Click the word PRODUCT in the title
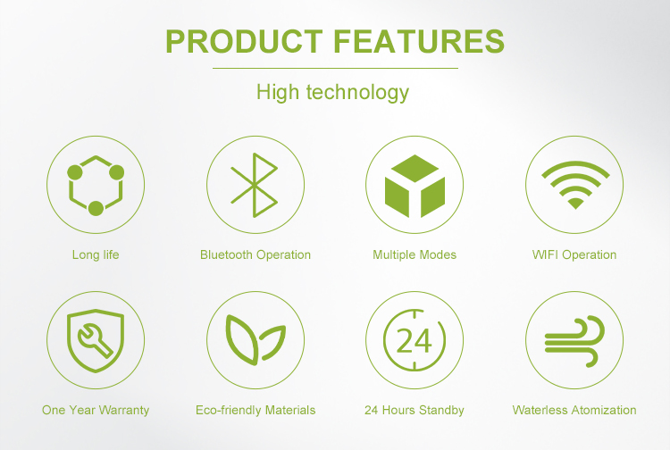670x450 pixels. pyautogui.click(x=244, y=41)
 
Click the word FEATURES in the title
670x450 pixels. pyautogui.click(x=419, y=41)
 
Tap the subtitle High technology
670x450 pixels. pyautogui.click(x=332, y=93)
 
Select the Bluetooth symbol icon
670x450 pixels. pyautogui.click(x=255, y=185)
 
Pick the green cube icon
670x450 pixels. pyautogui.click(x=415, y=186)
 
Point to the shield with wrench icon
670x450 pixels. pyautogui.click(x=96, y=340)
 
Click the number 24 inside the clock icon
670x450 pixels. pyautogui.click(x=414, y=341)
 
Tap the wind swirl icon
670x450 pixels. pyautogui.click(x=574, y=341)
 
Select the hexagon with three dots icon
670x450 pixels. pyautogui.click(x=96, y=186)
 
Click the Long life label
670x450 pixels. pyautogui.click(x=96, y=254)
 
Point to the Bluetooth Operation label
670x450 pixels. pyautogui.click(x=255, y=254)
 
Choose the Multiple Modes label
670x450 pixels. pyautogui.click(x=415, y=254)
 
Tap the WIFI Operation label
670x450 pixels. pyautogui.click(x=574, y=254)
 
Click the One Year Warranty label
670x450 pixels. pyautogui.click(x=96, y=411)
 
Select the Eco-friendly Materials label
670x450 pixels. pyautogui.click(x=255, y=411)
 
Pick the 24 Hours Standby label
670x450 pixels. pyautogui.click(x=415, y=411)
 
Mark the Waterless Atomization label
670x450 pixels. pyautogui.click(x=574, y=411)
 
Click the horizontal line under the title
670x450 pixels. pyautogui.click(x=335, y=69)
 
